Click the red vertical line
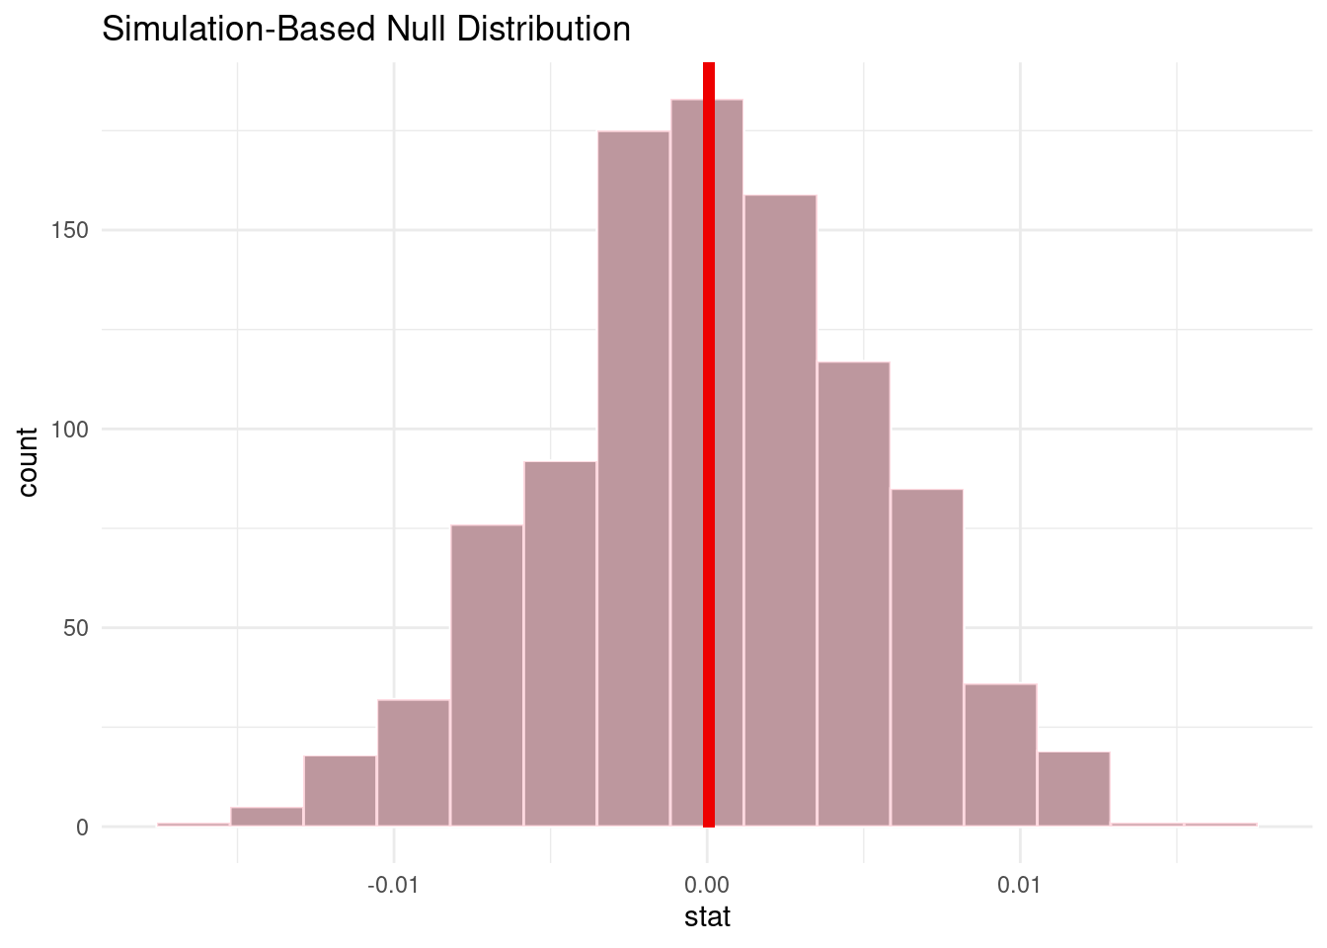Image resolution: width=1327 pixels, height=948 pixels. [x=708, y=444]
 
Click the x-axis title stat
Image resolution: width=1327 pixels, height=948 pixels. [x=707, y=917]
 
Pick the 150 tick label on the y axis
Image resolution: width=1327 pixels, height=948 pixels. [x=69, y=230]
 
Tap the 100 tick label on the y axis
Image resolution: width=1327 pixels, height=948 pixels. [x=69, y=430]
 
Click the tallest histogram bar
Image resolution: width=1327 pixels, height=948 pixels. [x=731, y=464]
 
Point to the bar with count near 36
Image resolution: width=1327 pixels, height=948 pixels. [x=1000, y=755]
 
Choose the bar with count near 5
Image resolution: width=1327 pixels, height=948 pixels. [x=267, y=818]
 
